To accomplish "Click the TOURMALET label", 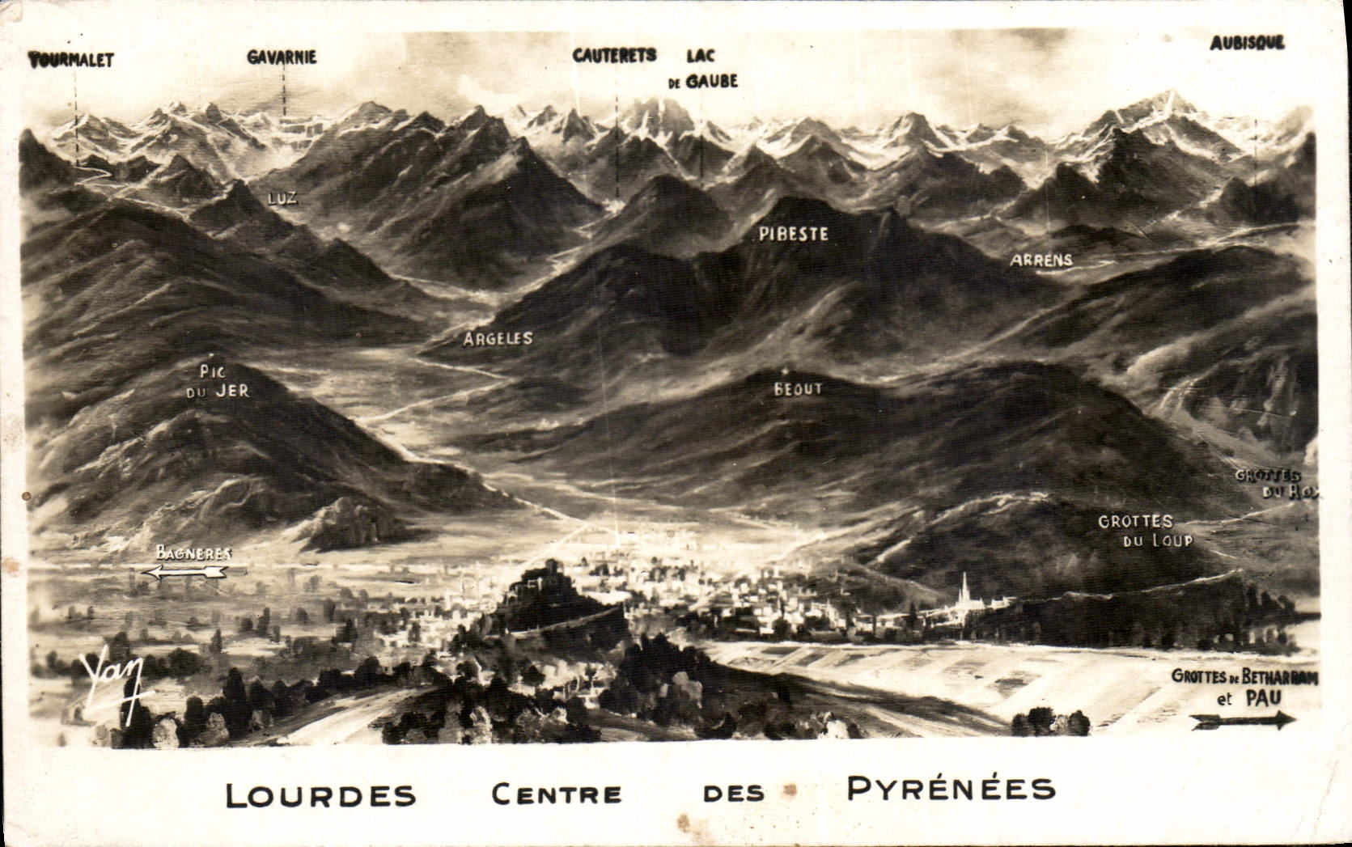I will coord(71,59).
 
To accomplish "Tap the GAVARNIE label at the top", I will coord(282,57).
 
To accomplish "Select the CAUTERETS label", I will coord(614,55).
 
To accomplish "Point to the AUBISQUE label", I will coord(1247,43).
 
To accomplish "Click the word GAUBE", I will coord(711,82).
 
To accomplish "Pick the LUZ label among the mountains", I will coord(282,197).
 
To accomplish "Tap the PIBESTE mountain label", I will coord(793,234).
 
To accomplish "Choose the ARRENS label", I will coord(1040,260).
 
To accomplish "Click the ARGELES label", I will coord(498,338).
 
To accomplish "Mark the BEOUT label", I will coord(798,389).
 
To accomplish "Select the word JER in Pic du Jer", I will coord(232,391).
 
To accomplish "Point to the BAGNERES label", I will coord(193,553).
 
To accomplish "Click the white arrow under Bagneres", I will coord(185,572).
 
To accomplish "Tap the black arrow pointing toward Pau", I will coord(1244,720).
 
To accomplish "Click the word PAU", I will coord(1263,697).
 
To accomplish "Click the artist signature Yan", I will coord(114,678).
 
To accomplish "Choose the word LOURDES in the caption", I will coord(320,794).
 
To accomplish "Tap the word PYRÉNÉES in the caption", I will coord(951,788).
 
